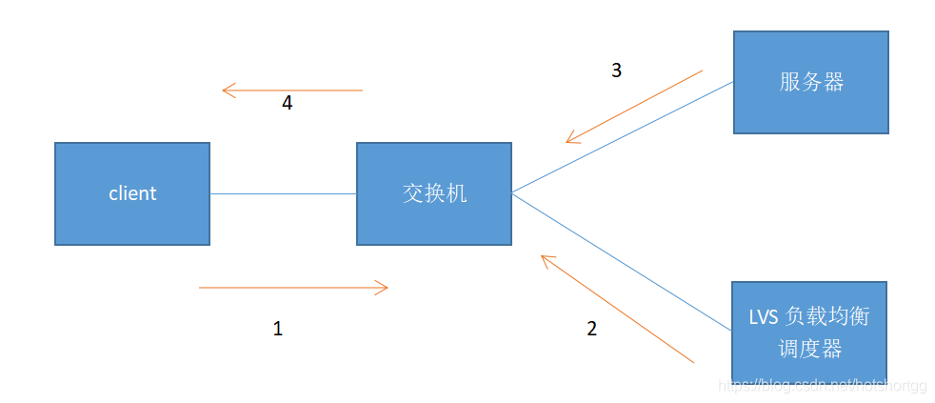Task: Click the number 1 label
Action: pos(278,329)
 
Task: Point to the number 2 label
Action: pos(592,329)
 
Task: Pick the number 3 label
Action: pos(616,71)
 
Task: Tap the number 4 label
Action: pos(287,104)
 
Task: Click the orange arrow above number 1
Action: pos(293,287)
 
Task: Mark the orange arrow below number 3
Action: pos(634,106)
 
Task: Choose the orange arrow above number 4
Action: pos(292,91)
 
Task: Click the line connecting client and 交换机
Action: pos(283,194)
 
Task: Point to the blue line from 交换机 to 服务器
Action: pos(622,138)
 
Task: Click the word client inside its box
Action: pos(132,193)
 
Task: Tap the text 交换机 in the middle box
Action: pos(434,193)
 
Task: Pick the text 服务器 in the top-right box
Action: pos(811,82)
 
